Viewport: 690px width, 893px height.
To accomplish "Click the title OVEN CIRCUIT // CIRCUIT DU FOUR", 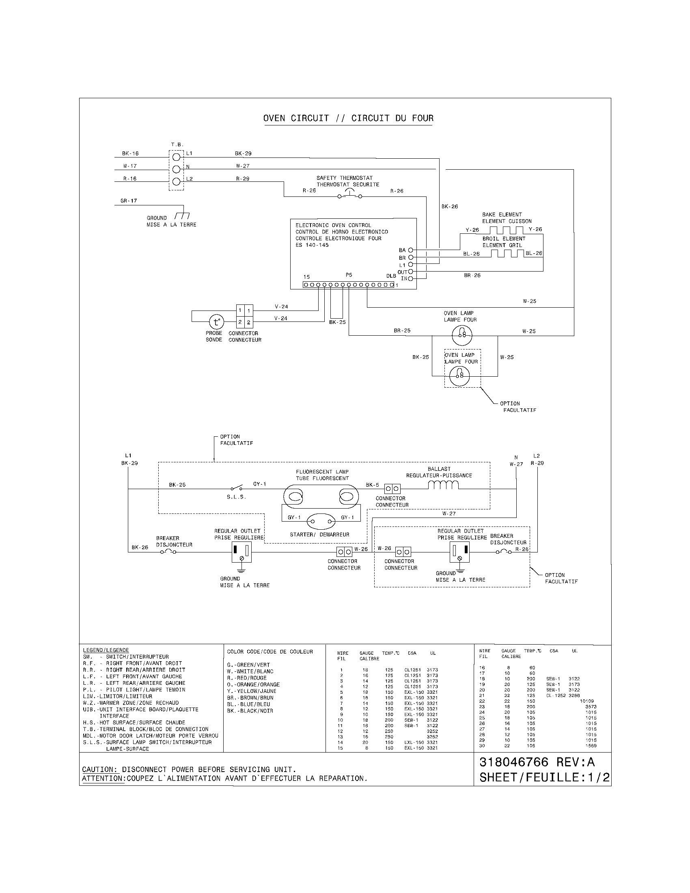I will [348, 119].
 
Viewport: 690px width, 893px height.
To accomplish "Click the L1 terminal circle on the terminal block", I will [176, 157].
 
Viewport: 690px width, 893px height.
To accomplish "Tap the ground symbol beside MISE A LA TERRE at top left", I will [182, 216].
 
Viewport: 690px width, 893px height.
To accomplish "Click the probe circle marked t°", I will [217, 322].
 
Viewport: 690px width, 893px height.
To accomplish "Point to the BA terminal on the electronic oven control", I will [410, 250].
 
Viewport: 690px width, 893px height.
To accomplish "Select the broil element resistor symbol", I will [507, 254].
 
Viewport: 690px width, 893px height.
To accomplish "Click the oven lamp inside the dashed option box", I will [459, 375].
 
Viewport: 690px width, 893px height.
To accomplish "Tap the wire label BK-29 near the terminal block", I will [243, 153].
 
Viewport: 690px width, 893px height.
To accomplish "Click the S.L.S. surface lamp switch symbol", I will [236, 488].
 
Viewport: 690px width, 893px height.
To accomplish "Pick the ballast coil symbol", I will [443, 485].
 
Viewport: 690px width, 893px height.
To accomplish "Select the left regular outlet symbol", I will [241, 552].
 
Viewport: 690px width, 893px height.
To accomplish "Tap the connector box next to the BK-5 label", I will [392, 489].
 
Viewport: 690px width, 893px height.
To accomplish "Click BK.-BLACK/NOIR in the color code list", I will [250, 711].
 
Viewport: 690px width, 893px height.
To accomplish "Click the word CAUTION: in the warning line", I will [100, 769].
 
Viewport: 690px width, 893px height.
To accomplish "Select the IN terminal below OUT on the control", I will [410, 279].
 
